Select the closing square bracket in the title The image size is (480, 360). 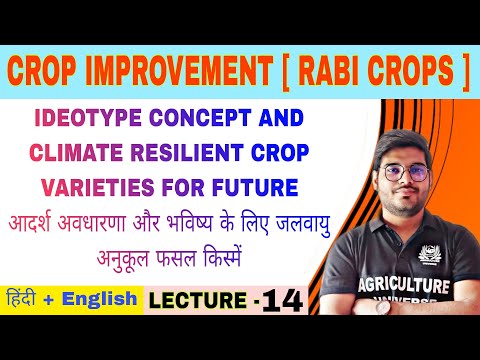coord(463,72)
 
